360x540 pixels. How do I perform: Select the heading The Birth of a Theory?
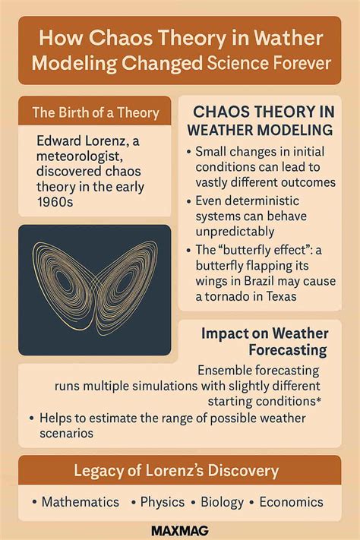(x=96, y=113)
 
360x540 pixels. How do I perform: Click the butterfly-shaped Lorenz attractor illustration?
(x=95, y=289)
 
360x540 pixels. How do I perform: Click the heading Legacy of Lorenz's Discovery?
(x=175, y=471)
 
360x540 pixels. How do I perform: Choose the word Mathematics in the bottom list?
(x=80, y=502)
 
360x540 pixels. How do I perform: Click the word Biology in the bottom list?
(x=222, y=502)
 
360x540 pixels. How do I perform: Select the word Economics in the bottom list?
(x=291, y=502)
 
